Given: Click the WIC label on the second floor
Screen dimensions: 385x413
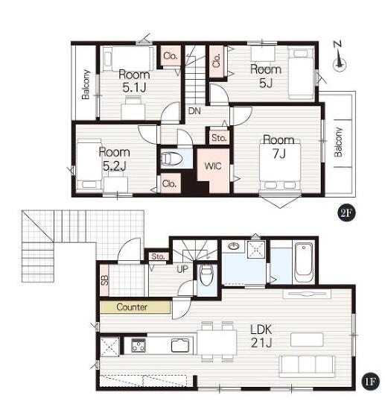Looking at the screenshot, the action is (213, 166).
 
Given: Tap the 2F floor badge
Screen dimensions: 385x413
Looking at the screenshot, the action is (346, 213).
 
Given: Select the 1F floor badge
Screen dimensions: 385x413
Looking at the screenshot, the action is (371, 382).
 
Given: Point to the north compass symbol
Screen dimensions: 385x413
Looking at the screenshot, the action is (340, 58).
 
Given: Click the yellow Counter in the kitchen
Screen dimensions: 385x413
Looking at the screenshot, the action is (136, 307).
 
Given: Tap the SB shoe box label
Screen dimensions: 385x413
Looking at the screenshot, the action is (105, 280).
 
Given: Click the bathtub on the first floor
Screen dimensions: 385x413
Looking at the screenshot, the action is (303, 263).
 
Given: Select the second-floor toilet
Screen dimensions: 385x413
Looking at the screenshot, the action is (171, 159).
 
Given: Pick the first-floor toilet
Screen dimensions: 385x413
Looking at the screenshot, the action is (206, 276).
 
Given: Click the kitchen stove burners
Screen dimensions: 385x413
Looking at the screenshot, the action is (139, 345).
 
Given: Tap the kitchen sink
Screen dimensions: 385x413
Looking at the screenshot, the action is (180, 346).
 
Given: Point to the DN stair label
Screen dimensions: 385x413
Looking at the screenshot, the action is (194, 111).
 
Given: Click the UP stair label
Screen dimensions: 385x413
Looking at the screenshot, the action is (182, 269).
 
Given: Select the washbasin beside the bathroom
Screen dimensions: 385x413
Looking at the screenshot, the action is (234, 246).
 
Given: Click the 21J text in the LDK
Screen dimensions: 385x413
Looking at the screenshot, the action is (261, 343).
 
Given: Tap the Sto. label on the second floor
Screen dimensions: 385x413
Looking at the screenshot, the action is (219, 137).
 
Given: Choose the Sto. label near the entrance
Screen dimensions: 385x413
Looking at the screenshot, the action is (158, 256).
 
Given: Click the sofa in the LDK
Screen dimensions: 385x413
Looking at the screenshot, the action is (308, 366).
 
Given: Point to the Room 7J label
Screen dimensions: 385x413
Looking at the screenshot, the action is (279, 146).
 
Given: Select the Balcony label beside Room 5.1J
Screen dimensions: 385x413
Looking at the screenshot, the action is (86, 84).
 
